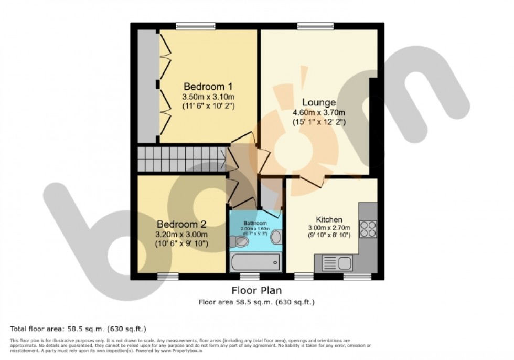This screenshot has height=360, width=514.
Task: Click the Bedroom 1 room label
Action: click(208, 86)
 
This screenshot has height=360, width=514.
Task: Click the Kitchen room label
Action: click(329, 219)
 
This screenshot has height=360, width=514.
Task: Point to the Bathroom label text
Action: click(255, 223)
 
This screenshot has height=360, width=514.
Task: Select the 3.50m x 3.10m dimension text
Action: click(208, 97)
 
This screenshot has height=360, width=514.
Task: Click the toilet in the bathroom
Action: click(240, 241)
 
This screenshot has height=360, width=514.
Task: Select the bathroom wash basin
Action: click(276, 237)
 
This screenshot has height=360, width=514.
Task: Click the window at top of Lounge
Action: click(315, 25)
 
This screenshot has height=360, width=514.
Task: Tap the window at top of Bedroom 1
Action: click(196, 25)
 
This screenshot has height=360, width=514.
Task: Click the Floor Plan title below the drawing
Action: click(256, 290)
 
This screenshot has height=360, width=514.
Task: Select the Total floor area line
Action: click(78, 329)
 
